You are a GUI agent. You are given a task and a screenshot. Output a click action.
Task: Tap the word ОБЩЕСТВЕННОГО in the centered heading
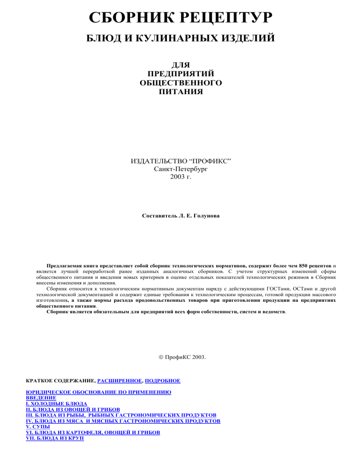[x=181, y=82]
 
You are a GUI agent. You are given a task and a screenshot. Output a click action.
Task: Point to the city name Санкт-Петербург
[x=181, y=170]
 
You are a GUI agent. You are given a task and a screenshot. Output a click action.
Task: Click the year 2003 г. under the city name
[x=181, y=178]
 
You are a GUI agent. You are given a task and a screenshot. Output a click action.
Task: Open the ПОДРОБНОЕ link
[x=163, y=380]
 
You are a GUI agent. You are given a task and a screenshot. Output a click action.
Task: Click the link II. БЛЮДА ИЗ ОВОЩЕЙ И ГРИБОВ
[x=72, y=410]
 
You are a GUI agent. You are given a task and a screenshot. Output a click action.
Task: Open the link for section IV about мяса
[x=123, y=421]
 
